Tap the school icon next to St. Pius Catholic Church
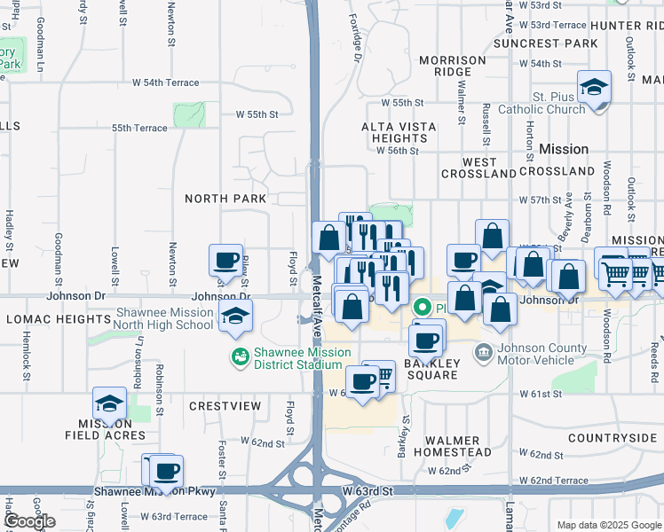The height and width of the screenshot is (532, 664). pos(594,89)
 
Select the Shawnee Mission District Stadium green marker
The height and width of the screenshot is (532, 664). pos(239,357)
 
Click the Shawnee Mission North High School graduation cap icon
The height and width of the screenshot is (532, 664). pos(234,317)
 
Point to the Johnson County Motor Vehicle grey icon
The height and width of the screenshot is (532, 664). pos(483,353)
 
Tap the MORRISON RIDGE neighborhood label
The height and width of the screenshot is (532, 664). pos(453,66)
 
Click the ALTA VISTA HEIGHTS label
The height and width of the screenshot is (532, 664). pos(399,132)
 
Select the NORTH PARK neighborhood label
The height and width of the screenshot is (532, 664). pos(225,199)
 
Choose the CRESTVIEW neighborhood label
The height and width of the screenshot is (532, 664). pos(225,406)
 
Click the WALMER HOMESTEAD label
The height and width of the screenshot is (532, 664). pos(457,446)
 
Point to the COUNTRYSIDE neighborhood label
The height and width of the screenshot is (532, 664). pos(612,438)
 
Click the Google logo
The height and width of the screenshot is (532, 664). pos(29,521)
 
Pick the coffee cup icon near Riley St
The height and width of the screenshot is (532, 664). pos(225,262)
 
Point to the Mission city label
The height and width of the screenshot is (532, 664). pos(564,149)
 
